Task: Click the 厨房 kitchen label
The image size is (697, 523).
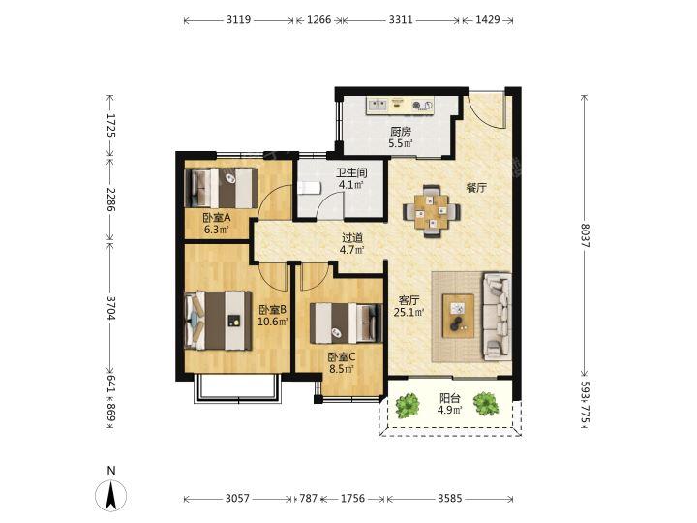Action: click(401, 132)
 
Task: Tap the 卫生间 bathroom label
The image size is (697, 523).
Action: click(351, 173)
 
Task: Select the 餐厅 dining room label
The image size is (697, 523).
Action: click(475, 188)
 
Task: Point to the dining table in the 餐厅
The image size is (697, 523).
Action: click(432, 211)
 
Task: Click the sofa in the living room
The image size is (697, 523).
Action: click(497, 316)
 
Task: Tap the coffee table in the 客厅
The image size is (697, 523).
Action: click(458, 316)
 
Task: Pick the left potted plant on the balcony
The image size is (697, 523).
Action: click(408, 404)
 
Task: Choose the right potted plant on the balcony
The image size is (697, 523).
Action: click(485, 404)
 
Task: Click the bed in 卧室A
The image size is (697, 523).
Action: click(221, 188)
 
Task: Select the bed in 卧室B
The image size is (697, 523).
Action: click(218, 321)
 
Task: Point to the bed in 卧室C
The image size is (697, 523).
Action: click(347, 323)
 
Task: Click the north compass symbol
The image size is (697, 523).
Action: click(111, 495)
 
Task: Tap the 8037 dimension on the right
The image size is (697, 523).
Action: click(585, 235)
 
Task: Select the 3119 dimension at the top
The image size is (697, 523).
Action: click(239, 19)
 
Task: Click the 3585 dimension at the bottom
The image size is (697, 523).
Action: click(450, 499)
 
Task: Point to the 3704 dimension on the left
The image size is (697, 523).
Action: click(111, 308)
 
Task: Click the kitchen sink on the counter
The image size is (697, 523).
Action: click(378, 105)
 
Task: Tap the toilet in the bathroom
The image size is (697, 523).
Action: click(310, 188)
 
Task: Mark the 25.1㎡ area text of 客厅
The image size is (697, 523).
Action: click(409, 312)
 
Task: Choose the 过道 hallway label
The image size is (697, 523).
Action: click(352, 238)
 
